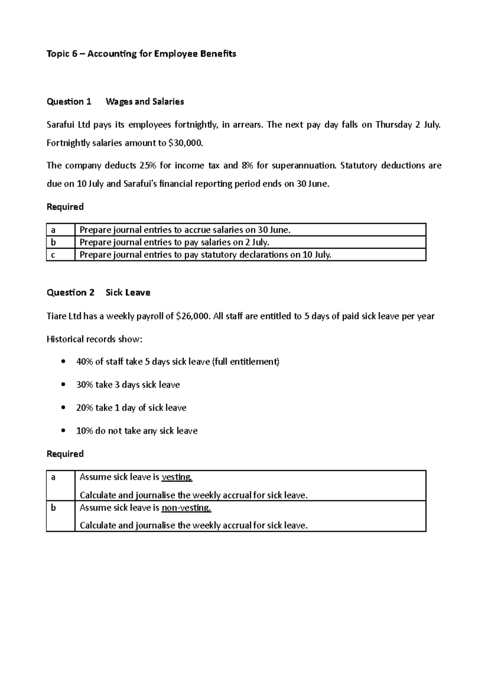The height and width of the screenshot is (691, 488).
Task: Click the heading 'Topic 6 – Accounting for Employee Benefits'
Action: pyautogui.click(x=141, y=54)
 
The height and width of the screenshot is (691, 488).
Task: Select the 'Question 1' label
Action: pyautogui.click(x=69, y=102)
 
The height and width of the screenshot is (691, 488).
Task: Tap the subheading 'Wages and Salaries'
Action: pyautogui.click(x=144, y=102)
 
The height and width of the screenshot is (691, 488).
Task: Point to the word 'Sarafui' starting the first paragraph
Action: pyautogui.click(x=61, y=125)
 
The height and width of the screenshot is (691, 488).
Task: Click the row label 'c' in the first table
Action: pyautogui.click(x=53, y=255)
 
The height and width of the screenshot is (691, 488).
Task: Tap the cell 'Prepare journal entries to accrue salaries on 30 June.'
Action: pyautogui.click(x=185, y=230)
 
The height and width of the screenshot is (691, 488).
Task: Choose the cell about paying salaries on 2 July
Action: pyautogui.click(x=174, y=243)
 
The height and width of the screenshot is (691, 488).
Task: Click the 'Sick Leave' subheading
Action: pyautogui.click(x=128, y=293)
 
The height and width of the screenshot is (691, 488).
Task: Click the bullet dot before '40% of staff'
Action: pyautogui.click(x=63, y=362)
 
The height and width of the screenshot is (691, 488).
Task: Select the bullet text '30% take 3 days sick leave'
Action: pyautogui.click(x=128, y=385)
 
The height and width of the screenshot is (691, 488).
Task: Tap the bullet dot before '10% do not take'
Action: pyautogui.click(x=63, y=431)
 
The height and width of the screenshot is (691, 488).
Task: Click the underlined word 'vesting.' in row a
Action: pyautogui.click(x=176, y=477)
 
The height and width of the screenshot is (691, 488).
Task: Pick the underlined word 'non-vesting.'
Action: pyautogui.click(x=186, y=507)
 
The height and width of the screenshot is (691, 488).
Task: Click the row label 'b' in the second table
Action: pyautogui.click(x=53, y=508)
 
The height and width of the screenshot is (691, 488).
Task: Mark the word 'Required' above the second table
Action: pyautogui.click(x=65, y=454)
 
